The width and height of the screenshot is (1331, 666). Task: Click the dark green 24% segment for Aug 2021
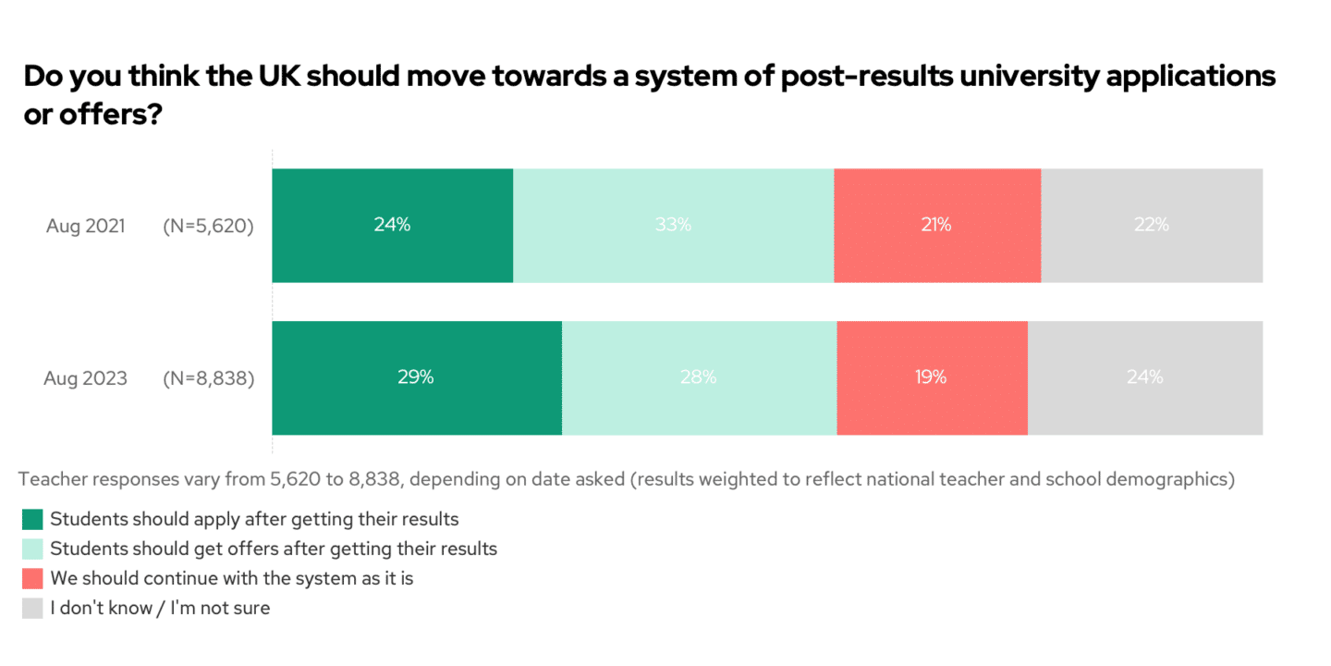click(x=392, y=225)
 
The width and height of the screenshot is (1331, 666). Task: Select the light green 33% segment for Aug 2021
click(x=673, y=225)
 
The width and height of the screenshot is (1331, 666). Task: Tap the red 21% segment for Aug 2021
click(x=936, y=225)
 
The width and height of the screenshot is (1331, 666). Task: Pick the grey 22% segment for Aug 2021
click(x=1152, y=225)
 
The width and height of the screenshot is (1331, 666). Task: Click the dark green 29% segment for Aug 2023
click(x=416, y=377)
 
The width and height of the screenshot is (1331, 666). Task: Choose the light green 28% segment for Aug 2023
click(x=699, y=377)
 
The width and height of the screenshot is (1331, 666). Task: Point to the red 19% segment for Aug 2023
click(x=932, y=377)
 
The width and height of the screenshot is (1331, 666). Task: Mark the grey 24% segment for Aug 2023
click(x=1144, y=377)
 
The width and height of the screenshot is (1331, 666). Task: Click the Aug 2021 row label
click(x=85, y=226)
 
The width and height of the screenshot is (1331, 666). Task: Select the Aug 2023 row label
click(x=85, y=378)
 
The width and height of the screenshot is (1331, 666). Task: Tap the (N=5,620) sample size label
click(x=208, y=226)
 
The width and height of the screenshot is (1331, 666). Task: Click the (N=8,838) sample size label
click(x=208, y=378)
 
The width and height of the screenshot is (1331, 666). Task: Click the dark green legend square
click(x=32, y=519)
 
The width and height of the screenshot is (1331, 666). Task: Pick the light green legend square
click(x=32, y=549)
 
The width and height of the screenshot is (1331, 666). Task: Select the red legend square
click(x=32, y=579)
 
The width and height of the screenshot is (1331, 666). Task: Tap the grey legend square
click(x=32, y=609)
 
